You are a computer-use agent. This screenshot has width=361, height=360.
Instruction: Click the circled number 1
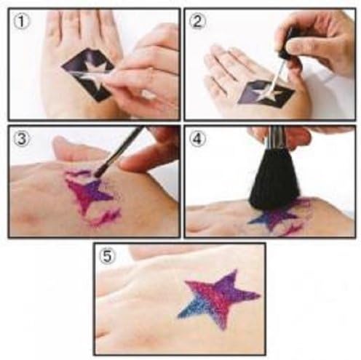pos(21,21)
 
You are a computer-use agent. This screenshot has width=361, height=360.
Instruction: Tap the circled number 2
pos(197,21)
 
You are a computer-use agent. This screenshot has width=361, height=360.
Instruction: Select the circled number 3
pos(21,140)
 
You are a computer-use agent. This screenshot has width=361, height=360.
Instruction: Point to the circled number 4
pos(197,140)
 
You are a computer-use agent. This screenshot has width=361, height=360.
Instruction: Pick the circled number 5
pos(108,257)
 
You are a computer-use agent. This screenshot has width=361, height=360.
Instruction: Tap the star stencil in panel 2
pos(266,93)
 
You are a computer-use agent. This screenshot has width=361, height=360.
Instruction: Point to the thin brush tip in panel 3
pos(99,172)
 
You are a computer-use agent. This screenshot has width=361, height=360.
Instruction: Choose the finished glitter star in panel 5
pos(220,299)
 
